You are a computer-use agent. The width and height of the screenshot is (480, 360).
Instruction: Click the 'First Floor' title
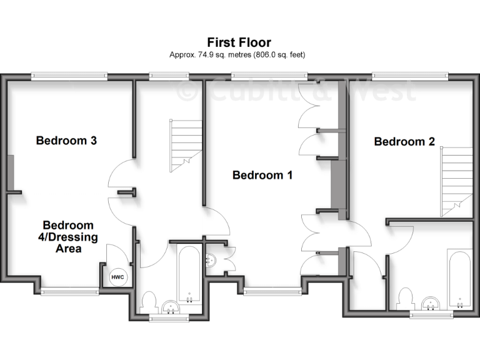pyautogui.click(x=239, y=42)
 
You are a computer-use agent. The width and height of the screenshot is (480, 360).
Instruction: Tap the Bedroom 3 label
pyautogui.click(x=66, y=141)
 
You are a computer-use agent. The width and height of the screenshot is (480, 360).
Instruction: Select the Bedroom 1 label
pyautogui.click(x=262, y=175)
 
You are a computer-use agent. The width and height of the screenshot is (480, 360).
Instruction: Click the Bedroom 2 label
pyautogui.click(x=404, y=142)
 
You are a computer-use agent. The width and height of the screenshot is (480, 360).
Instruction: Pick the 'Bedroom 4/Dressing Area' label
pyautogui.click(x=68, y=236)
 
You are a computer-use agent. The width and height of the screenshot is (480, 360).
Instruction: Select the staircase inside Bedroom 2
pyautogui.click(x=457, y=181)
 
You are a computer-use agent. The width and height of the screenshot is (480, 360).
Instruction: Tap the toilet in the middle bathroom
pyautogui.click(x=149, y=302)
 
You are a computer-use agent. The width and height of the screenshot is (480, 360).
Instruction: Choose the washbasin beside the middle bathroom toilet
pyautogui.click(x=170, y=306)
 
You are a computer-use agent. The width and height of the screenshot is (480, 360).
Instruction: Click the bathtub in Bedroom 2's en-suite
pyautogui.click(x=459, y=278)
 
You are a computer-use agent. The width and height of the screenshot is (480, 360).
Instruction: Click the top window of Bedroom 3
pyautogui.click(x=70, y=76)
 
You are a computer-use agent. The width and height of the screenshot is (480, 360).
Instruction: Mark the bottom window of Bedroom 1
pyautogui.click(x=272, y=291)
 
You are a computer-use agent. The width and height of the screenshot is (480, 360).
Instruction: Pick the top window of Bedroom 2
pyautogui.click(x=411, y=76)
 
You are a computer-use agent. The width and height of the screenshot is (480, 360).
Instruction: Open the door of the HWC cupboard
pyautogui.click(x=116, y=254)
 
